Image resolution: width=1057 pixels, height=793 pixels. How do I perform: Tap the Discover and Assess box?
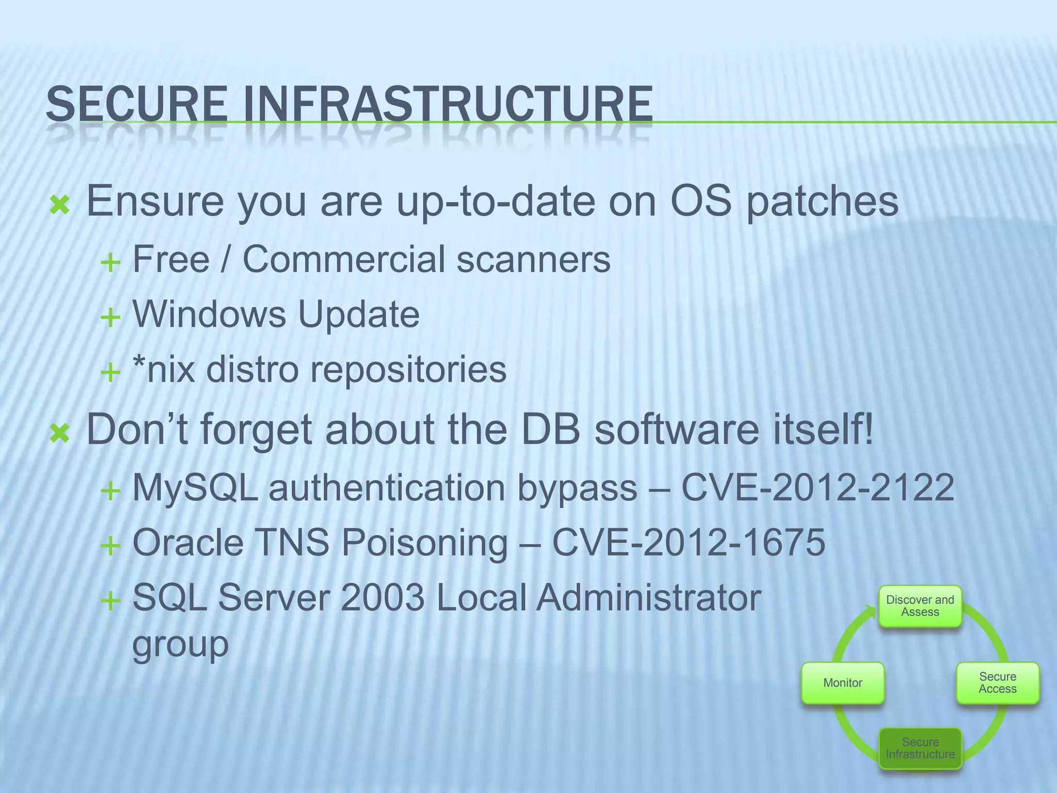click(x=920, y=606)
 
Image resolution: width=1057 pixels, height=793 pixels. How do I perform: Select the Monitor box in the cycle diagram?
click(x=843, y=683)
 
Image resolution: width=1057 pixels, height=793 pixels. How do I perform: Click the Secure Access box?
click(x=998, y=683)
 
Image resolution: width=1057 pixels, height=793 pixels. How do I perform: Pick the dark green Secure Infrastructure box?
click(x=920, y=748)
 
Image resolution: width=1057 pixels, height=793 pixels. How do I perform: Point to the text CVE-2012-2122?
click(x=818, y=487)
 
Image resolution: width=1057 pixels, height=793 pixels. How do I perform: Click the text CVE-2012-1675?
click(x=688, y=543)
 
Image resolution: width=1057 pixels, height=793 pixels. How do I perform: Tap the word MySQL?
click(x=195, y=487)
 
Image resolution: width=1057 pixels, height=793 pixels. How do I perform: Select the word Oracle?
click(x=188, y=543)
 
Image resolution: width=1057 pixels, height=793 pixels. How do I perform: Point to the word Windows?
click(x=209, y=314)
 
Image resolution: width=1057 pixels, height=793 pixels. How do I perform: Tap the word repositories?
click(x=408, y=370)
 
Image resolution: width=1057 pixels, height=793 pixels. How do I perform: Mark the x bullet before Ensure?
click(x=60, y=205)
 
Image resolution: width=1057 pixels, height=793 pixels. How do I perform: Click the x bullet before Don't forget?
click(x=60, y=433)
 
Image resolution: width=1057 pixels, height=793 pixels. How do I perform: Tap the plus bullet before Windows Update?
click(x=110, y=317)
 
